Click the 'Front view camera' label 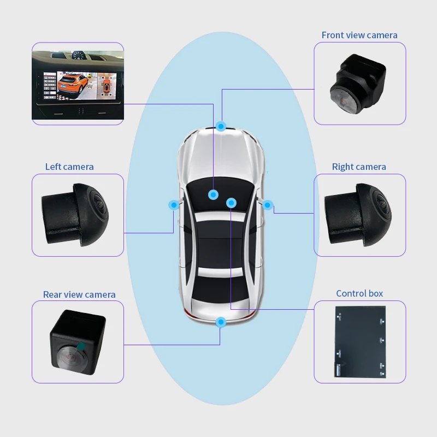[359, 35]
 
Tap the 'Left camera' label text [69, 167]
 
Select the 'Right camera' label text [359, 167]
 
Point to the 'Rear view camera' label [79, 294]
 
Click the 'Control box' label [359, 293]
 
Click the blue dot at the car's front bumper [221, 126]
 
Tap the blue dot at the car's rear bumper [221, 322]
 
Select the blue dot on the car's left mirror [174, 205]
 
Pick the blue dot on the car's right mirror [268, 205]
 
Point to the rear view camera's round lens [69, 355]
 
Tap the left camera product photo [76, 214]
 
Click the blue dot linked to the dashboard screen [213, 193]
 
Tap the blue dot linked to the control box [231, 203]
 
